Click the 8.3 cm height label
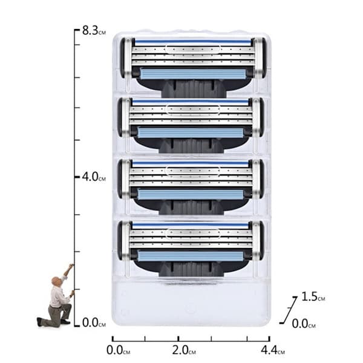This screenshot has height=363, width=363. pyautogui.click(x=94, y=31)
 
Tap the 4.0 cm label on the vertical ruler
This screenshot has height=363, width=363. pyautogui.click(x=94, y=177)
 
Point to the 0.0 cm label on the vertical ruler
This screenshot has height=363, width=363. pyautogui.click(x=94, y=322)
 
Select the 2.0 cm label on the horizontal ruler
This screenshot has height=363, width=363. pyautogui.click(x=184, y=350)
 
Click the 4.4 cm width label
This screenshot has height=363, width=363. pyautogui.click(x=273, y=350)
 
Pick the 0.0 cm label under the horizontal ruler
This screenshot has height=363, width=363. pyautogui.click(x=119, y=350)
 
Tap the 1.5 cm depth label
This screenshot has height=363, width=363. pyautogui.click(x=313, y=296)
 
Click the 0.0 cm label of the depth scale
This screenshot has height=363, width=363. pyautogui.click(x=304, y=324)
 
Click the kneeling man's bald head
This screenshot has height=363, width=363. pyautogui.click(x=56, y=281)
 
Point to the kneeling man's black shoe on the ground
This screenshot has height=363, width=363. pyautogui.click(x=65, y=322)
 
